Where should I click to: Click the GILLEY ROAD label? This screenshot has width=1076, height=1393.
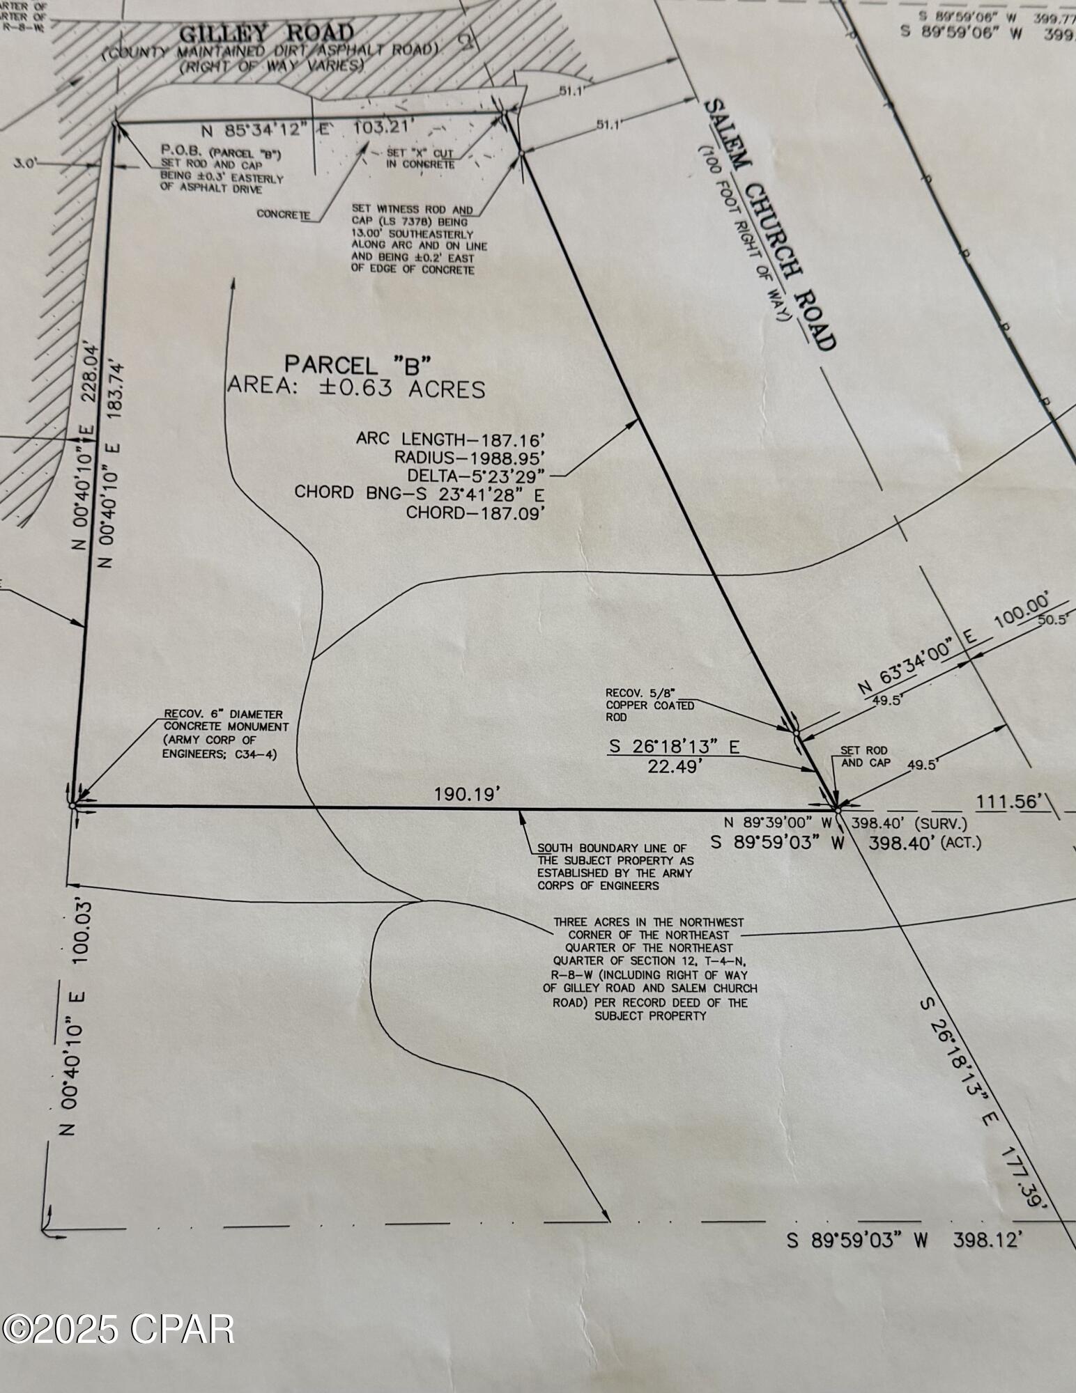coord(267,33)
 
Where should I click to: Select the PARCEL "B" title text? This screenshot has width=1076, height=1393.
coord(358,364)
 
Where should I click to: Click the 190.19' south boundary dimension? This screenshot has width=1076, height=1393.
coord(468,794)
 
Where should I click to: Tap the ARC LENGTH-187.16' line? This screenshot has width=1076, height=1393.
coord(449,439)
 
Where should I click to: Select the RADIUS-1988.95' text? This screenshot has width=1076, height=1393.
coord(468,457)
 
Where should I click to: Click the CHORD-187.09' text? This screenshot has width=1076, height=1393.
coord(475,513)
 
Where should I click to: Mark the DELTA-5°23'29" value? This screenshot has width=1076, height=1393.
coord(477,475)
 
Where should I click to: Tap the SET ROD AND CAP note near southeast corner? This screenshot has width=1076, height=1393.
coord(865,756)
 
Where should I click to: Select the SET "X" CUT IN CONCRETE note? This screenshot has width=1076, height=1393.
coord(421,159)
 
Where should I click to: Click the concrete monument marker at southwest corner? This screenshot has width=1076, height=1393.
coord(72,805)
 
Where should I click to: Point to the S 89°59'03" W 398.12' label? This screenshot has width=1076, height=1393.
coord(905,1240)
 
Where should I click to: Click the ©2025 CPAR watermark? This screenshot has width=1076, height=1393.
coord(118,1330)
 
